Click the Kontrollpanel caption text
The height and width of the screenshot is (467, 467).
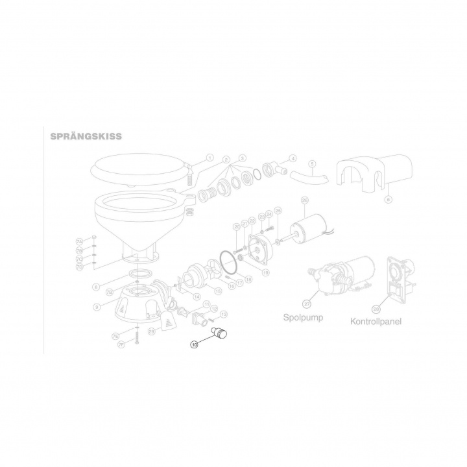[375, 320]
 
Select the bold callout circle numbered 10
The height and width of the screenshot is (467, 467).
[195, 345]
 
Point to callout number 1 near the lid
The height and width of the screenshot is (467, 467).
[210, 157]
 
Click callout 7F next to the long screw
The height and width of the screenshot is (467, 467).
[121, 344]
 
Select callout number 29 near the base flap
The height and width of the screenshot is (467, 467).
[151, 332]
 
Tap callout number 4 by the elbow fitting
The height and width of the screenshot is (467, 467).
[293, 158]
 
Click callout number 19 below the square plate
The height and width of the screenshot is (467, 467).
[265, 274]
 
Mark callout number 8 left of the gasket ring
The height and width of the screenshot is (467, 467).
[96, 286]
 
